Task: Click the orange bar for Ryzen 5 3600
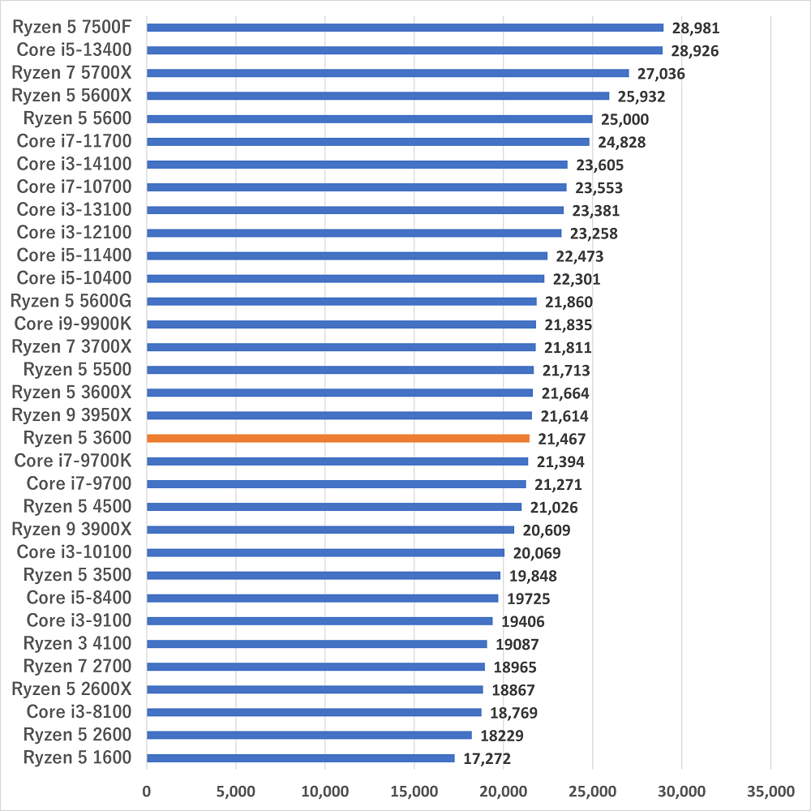[x=338, y=439]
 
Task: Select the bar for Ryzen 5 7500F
[x=405, y=28]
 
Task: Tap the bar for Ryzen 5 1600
[x=301, y=758]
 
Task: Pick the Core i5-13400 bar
[x=405, y=50]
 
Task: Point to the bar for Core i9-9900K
[x=341, y=324]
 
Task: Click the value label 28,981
[x=696, y=28]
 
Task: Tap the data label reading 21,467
[x=561, y=439]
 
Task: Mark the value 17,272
[x=487, y=758]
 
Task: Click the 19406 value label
[x=522, y=621]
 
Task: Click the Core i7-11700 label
[x=74, y=142]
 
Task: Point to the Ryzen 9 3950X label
[x=71, y=416]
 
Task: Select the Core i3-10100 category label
[x=74, y=553]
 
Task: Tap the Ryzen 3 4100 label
[x=77, y=644]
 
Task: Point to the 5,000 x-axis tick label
[x=235, y=791]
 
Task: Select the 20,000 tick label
[x=503, y=791]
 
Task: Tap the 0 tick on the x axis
[x=147, y=791]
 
